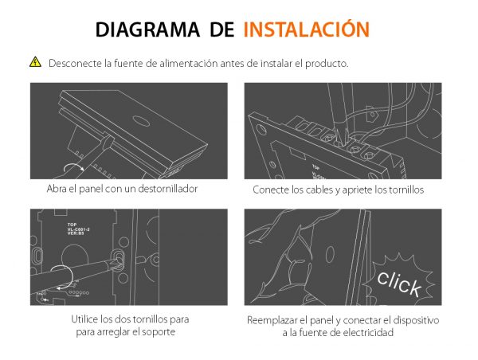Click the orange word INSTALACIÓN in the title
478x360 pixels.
click(306, 29)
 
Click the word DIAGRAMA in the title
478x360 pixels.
click(148, 29)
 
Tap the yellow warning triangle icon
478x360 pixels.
click(35, 62)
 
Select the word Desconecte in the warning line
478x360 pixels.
click(72, 63)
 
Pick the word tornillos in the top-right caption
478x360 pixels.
click(402, 190)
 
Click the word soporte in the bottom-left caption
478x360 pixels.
click(159, 331)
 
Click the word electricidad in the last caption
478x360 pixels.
click(366, 332)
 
